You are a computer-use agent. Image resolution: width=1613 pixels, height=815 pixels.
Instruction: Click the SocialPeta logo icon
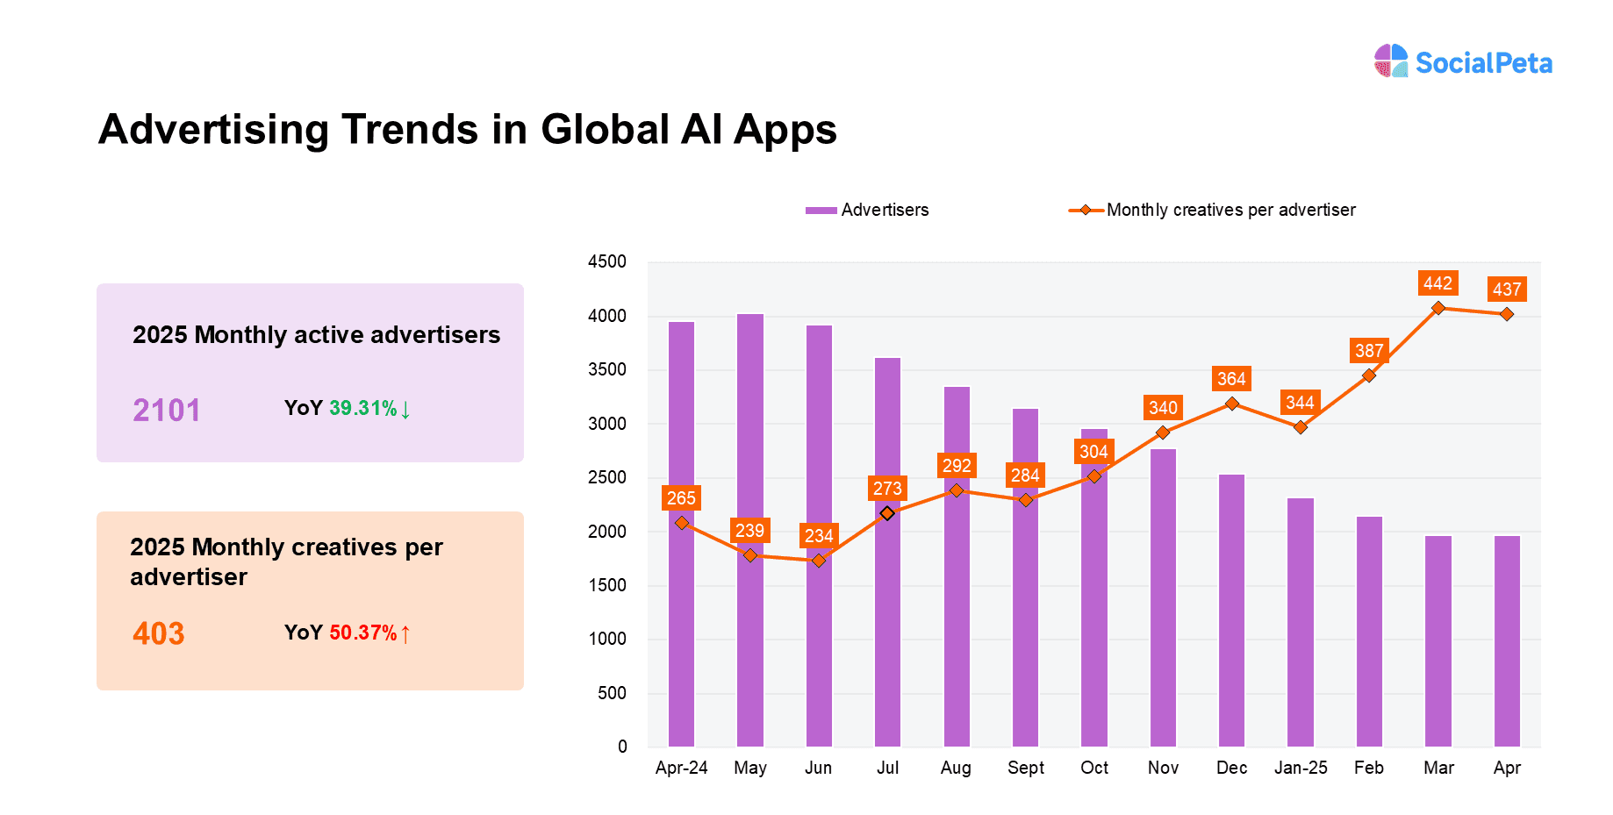pos(1391,61)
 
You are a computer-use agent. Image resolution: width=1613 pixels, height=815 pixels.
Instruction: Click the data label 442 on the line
pos(1437,283)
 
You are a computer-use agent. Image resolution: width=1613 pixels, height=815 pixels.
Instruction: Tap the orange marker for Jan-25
pos(1301,427)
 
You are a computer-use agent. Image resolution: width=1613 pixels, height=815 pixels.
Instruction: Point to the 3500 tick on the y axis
pos(607,369)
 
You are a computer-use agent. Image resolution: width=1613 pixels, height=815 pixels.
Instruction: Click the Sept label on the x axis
pos(1025,768)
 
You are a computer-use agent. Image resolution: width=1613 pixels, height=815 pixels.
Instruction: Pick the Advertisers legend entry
pos(867,210)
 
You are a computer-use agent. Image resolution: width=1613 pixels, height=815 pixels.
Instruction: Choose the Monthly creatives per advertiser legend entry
pos(1212,210)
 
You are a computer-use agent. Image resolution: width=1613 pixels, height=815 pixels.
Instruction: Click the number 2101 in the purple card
pos(167,410)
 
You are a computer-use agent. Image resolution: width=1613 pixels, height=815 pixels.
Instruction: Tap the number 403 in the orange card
pos(159,633)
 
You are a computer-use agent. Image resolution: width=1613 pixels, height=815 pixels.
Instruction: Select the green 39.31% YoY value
pos(363,408)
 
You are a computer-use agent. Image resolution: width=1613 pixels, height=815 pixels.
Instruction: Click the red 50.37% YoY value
pos(363,633)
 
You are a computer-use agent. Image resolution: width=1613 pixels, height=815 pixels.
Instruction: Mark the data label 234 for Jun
pos(819,535)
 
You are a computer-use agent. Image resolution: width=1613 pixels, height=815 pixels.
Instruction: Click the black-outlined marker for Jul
pos(887,513)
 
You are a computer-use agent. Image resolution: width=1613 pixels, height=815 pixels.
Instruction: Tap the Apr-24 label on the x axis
pos(681,768)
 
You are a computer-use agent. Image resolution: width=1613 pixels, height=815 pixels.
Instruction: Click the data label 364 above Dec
pos(1231,378)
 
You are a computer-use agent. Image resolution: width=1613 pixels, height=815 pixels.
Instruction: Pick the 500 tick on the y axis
pos(612,693)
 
